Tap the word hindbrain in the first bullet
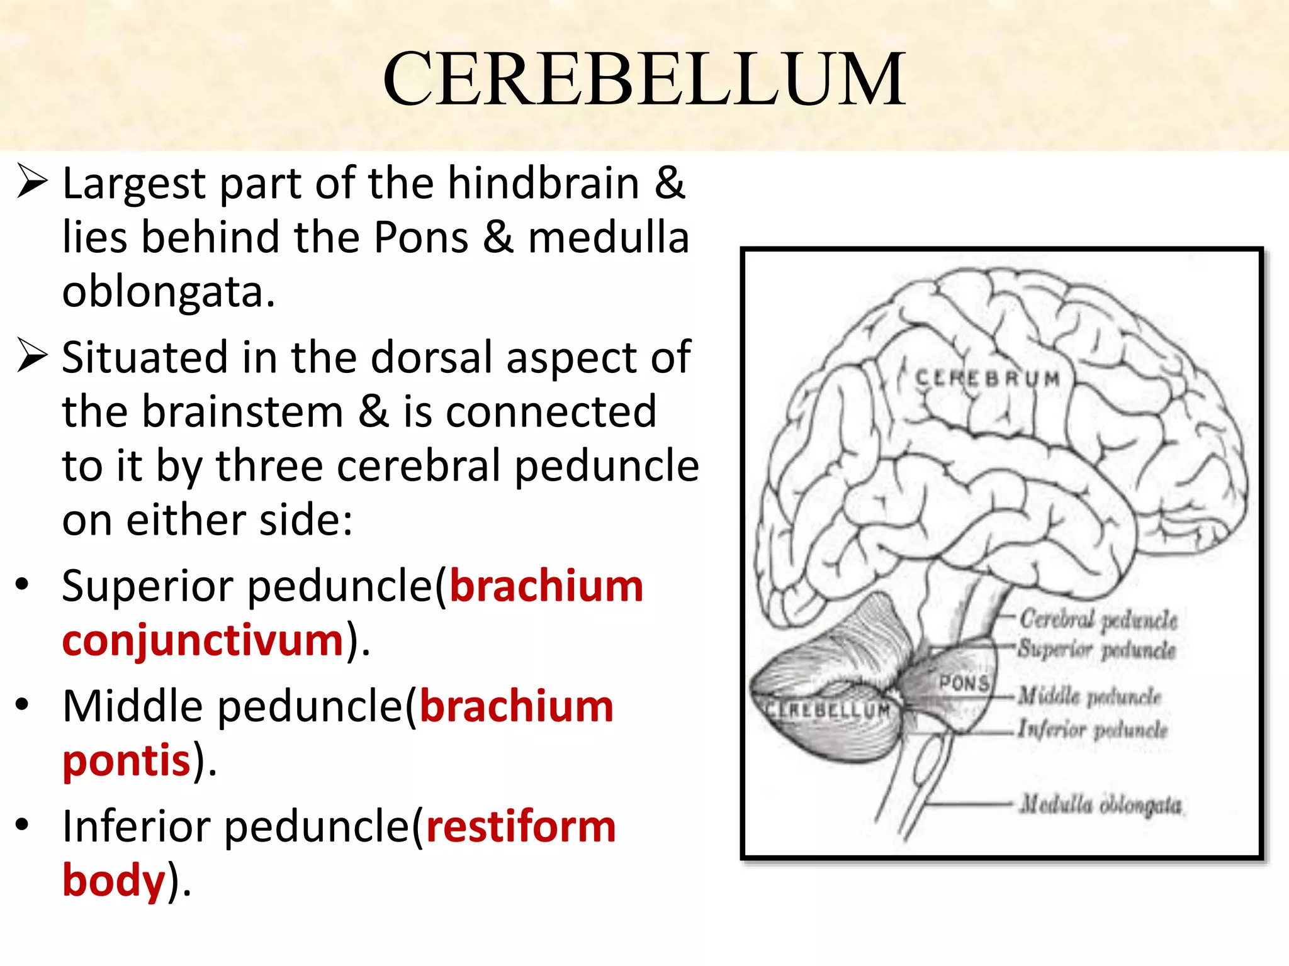(544, 184)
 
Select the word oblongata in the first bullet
(168, 292)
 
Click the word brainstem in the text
(242, 412)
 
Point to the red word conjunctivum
(203, 641)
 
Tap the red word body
(114, 880)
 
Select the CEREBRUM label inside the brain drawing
(988, 379)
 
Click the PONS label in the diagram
(964, 682)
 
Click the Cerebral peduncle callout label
(1098, 619)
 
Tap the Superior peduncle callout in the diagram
(1097, 649)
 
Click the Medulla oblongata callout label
(1101, 804)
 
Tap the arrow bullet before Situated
(32, 355)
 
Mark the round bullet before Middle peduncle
(23, 704)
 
